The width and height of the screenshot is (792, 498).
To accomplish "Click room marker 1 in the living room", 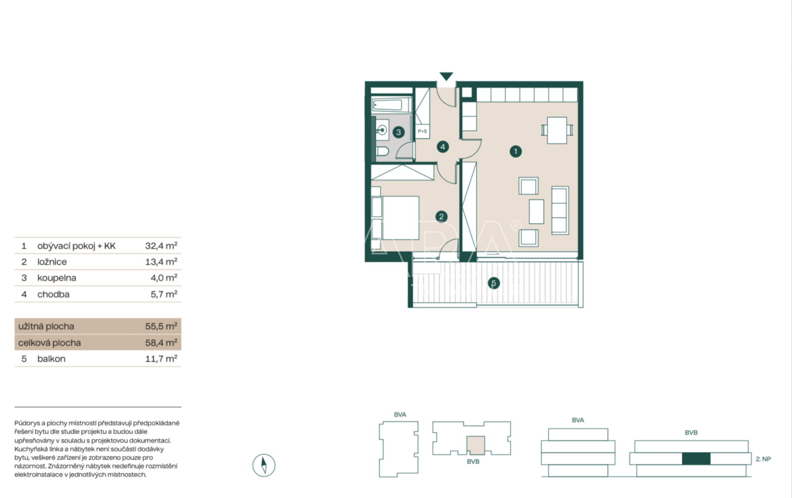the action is [x=515, y=152].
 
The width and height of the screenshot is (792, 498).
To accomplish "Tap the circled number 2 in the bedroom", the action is [x=441, y=217].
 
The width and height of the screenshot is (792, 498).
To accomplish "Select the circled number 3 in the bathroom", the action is [x=398, y=132].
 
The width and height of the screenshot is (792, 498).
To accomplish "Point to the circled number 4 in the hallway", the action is [x=443, y=147].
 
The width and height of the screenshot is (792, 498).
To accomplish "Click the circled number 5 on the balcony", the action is [x=494, y=283].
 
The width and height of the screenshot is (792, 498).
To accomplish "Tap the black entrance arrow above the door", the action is [x=446, y=76].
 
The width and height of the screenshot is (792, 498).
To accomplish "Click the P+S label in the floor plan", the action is [x=423, y=131].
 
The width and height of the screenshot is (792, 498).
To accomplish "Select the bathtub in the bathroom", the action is [x=392, y=105].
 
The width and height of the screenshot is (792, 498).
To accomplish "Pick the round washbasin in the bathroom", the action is [x=382, y=130].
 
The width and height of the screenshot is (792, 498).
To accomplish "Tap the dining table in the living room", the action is [x=557, y=130].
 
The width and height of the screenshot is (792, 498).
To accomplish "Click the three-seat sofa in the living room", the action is [x=560, y=210].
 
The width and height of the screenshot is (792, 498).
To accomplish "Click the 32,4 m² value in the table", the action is [x=161, y=246].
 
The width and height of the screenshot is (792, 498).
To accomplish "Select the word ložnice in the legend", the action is [x=52, y=262].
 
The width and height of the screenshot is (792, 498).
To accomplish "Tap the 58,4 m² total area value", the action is [x=161, y=342].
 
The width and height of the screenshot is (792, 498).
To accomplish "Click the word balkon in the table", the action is [x=51, y=359].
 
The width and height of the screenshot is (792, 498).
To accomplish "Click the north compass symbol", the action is [x=264, y=465].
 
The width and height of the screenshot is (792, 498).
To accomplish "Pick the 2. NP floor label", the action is [x=763, y=459].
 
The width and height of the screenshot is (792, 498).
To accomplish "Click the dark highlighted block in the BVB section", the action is [x=696, y=459].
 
